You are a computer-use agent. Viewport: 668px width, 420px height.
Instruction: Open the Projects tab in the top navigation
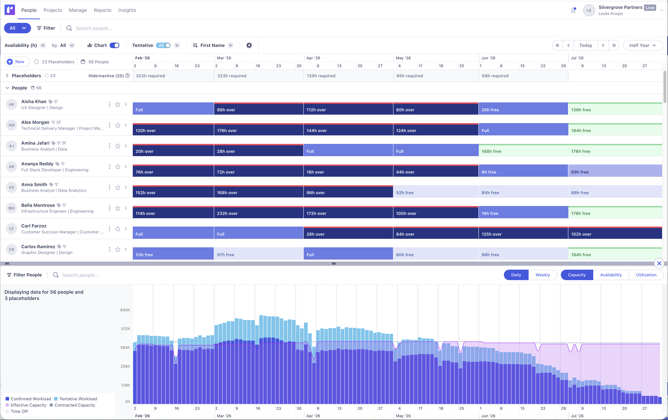53,10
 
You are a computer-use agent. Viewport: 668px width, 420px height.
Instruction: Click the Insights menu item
127,10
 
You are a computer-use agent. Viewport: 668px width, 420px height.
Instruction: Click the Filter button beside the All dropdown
46,28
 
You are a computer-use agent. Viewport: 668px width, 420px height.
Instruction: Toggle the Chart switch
114,45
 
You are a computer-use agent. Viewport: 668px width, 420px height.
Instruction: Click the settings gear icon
249,45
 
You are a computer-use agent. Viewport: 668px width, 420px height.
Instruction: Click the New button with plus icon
16,62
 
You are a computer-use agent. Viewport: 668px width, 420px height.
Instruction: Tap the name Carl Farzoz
34,226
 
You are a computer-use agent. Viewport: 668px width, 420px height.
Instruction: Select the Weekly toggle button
542,275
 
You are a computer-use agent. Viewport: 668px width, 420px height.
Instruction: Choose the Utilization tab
646,275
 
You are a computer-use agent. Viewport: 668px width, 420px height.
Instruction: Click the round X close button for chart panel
659,263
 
